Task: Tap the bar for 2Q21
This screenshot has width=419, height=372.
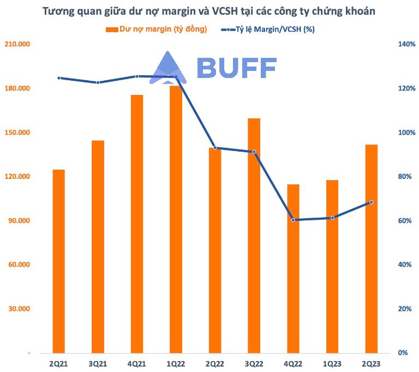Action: coord(58,261)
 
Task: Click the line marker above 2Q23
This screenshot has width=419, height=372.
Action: coord(371,202)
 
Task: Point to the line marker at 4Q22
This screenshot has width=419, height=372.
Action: coord(293,220)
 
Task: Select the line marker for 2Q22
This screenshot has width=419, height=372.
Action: coord(215,148)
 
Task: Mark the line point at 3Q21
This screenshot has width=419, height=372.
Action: coord(98,82)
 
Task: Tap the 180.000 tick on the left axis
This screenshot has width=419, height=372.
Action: coord(18,88)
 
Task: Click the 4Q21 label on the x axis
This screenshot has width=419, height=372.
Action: coord(137,363)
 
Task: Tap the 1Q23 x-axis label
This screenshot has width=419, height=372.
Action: coord(332,363)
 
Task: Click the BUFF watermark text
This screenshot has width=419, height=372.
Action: coord(236,68)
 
